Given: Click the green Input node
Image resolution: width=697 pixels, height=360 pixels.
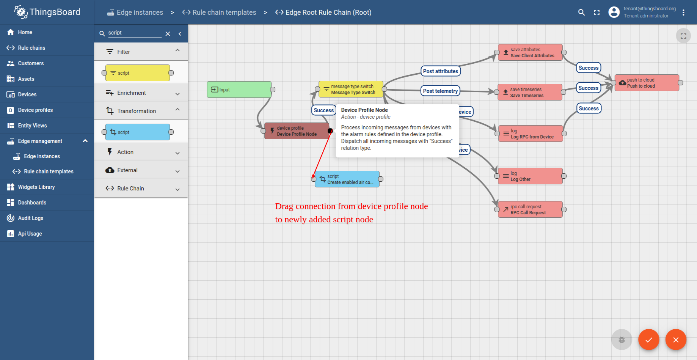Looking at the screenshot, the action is point(239,90).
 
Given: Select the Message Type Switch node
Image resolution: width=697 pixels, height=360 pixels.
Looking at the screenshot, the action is point(351,89).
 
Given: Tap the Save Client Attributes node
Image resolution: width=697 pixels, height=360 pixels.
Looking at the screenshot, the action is point(530,52).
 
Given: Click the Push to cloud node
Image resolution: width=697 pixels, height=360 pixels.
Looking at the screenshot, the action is point(647,83).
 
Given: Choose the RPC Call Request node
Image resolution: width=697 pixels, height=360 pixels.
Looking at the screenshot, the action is point(530,209).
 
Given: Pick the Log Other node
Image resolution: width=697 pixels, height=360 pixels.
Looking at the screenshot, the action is point(530,176).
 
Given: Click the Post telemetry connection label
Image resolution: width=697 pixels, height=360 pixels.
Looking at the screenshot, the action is point(440,91).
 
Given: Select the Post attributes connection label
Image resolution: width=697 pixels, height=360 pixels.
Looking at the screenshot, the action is point(441,71).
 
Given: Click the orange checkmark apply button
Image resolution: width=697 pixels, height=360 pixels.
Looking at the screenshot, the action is point(649,340).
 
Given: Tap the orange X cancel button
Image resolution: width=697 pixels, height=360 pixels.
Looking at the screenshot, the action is point(676,340).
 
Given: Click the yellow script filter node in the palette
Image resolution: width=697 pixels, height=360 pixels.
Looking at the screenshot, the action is point(138,73).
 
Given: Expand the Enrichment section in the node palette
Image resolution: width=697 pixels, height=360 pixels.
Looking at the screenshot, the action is point(141,93).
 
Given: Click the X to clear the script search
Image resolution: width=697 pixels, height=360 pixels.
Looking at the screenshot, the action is point(168,34).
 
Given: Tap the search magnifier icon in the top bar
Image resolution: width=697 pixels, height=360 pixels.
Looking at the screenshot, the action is point(581,13).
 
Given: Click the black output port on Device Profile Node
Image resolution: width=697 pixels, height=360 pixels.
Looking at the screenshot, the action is point(330,131).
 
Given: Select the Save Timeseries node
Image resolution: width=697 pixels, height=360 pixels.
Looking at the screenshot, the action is point(530,92).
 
